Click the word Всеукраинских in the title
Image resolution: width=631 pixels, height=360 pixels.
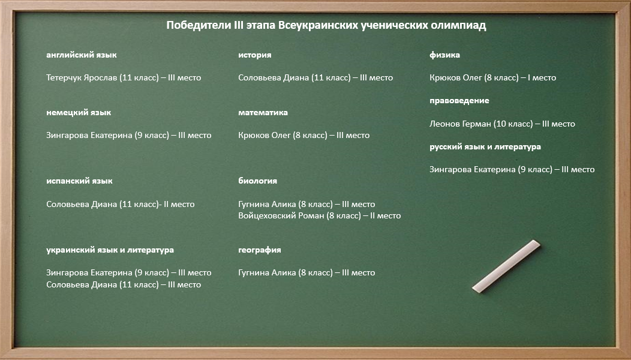[318, 26]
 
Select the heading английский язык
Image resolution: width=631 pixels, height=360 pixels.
[82, 55]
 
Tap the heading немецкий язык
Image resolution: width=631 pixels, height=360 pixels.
[79, 113]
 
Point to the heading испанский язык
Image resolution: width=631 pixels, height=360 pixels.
[79, 181]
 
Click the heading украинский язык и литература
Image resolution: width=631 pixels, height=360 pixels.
[110, 250]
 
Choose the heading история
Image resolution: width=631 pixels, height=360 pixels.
[255, 55]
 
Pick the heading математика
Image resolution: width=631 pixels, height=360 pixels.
[263, 113]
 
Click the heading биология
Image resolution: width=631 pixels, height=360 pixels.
[257, 181]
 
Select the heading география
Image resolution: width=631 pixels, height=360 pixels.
[260, 250]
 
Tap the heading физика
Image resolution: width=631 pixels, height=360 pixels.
[444, 55]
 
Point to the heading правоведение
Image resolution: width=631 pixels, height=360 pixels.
[459, 101]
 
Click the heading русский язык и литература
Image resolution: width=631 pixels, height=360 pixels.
[485, 147]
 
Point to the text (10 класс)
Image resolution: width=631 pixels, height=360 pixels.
[513, 124]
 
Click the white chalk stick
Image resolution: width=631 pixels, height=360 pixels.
[506, 266]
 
